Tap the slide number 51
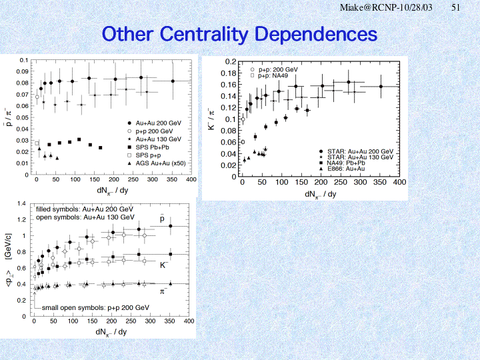pyautogui.click(x=456, y=7)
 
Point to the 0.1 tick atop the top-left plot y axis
pyautogui.click(x=23, y=60)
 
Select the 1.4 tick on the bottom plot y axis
pyautogui.click(x=22, y=203)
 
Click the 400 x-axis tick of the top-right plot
pyautogui.click(x=399, y=183)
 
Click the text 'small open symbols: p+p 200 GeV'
pyautogui.click(x=95, y=307)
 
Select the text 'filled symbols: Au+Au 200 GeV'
pyautogui.click(x=85, y=209)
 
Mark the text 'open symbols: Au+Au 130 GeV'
pyautogui.click(x=85, y=217)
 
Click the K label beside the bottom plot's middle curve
pyautogui.click(x=163, y=265)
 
